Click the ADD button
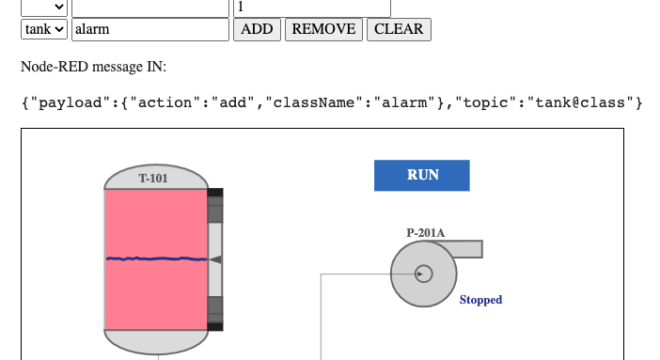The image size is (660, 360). pos(257,29)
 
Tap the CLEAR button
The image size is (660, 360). pos(399,29)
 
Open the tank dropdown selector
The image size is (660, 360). pos(45,29)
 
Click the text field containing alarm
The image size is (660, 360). pos(150,29)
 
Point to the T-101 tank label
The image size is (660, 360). pos(154,179)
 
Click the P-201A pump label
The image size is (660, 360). pos(426,232)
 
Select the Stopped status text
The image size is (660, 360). pos(480,300)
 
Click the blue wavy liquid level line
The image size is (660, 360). pos(155,258)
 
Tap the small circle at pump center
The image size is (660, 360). pos(423,274)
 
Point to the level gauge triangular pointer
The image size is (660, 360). pos(215,258)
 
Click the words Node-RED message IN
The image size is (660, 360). pos(93,67)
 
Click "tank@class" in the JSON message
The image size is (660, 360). pos(583,102)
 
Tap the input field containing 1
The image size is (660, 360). pos(310,7)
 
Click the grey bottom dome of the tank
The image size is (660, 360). pos(155,340)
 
